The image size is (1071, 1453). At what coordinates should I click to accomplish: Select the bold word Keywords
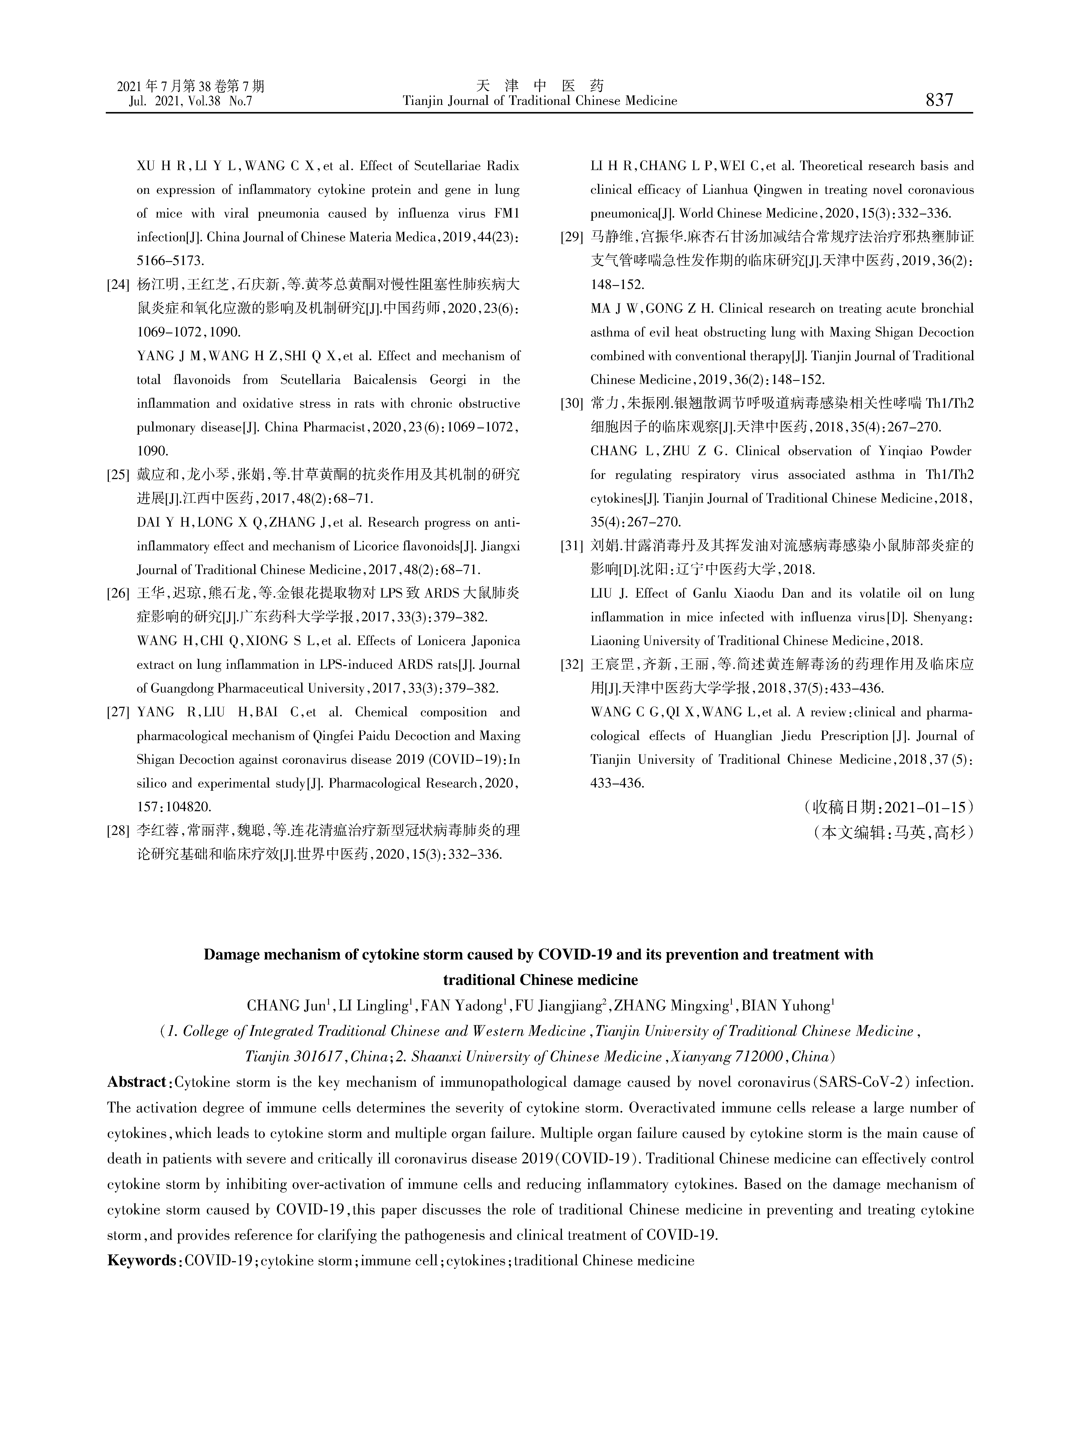tap(141, 1261)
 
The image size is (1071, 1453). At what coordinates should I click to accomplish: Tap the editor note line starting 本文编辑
tap(893, 833)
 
